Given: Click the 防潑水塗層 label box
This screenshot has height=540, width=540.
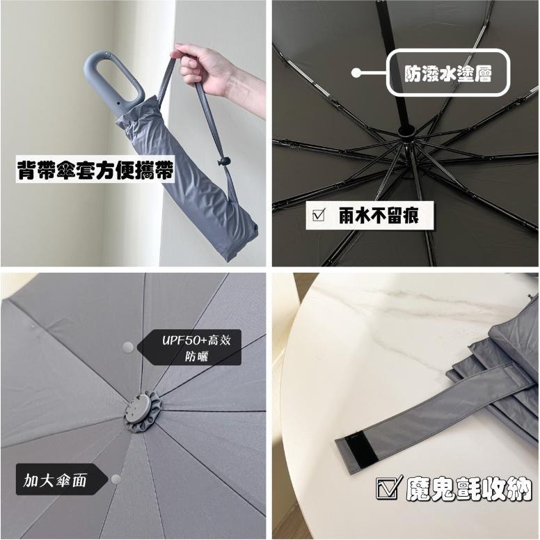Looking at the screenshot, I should [449, 72].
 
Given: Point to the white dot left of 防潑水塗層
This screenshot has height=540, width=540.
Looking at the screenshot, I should [357, 72].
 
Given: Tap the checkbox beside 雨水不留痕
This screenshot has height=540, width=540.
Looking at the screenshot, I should [319, 216].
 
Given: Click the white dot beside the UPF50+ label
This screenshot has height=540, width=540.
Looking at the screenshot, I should [127, 347].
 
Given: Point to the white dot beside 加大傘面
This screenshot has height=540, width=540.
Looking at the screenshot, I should [114, 479].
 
